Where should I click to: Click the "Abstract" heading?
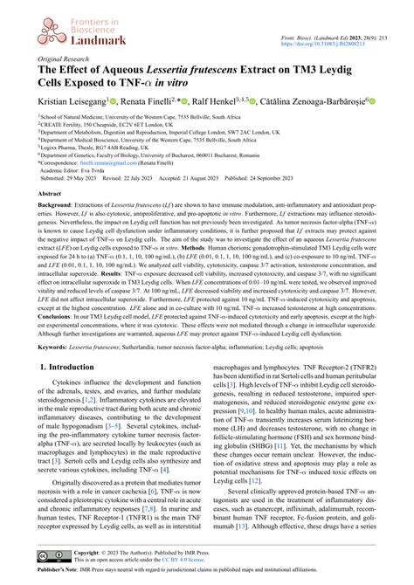pos(49,195)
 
